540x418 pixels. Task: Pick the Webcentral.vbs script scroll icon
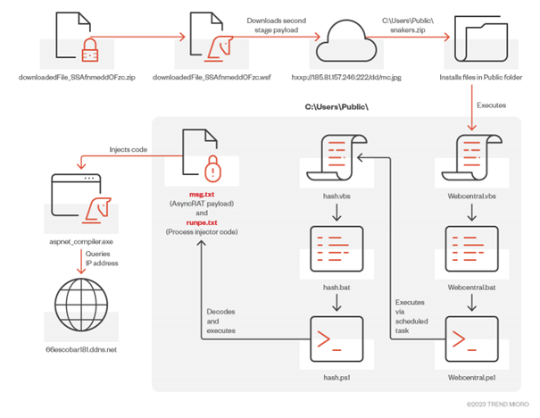tap(468, 157)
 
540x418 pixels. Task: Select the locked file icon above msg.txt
tap(203, 158)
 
